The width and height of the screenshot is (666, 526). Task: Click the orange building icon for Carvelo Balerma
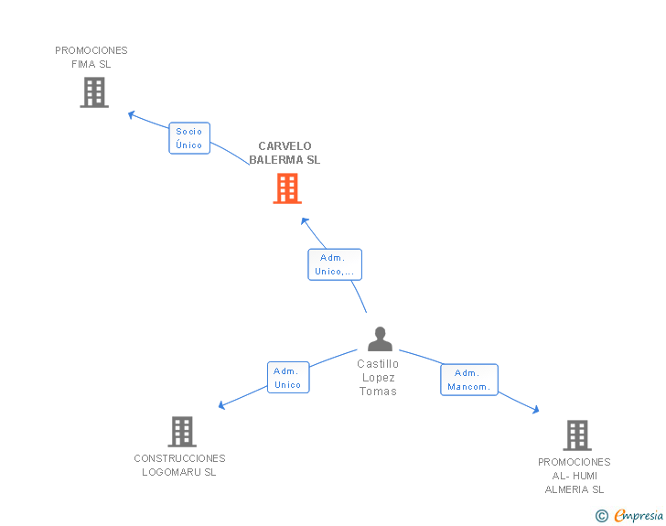[x=287, y=188]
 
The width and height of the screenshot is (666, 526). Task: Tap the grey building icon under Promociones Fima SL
[x=94, y=92]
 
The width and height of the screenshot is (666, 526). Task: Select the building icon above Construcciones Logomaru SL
[x=182, y=432]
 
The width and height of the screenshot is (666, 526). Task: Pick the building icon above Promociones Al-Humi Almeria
[x=577, y=435]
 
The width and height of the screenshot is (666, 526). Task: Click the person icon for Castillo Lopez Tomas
[x=381, y=339]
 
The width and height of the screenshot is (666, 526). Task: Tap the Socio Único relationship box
[x=189, y=138]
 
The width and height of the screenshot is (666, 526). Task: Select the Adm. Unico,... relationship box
[x=335, y=264]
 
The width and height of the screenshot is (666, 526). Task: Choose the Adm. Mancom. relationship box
[x=469, y=380]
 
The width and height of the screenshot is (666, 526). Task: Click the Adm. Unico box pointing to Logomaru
[x=288, y=377]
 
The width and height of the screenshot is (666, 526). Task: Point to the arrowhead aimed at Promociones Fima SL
[x=131, y=114]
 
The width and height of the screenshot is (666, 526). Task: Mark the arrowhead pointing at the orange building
[x=304, y=221]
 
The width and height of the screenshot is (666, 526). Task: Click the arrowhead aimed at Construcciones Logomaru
[x=221, y=405]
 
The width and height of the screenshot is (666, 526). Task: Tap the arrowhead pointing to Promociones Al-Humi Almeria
[x=536, y=410]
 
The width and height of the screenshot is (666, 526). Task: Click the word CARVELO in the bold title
[x=285, y=146]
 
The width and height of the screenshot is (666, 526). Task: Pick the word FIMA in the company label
[x=83, y=64]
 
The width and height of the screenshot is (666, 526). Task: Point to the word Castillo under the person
[x=378, y=364]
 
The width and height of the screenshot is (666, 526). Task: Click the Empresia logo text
[x=639, y=515]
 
